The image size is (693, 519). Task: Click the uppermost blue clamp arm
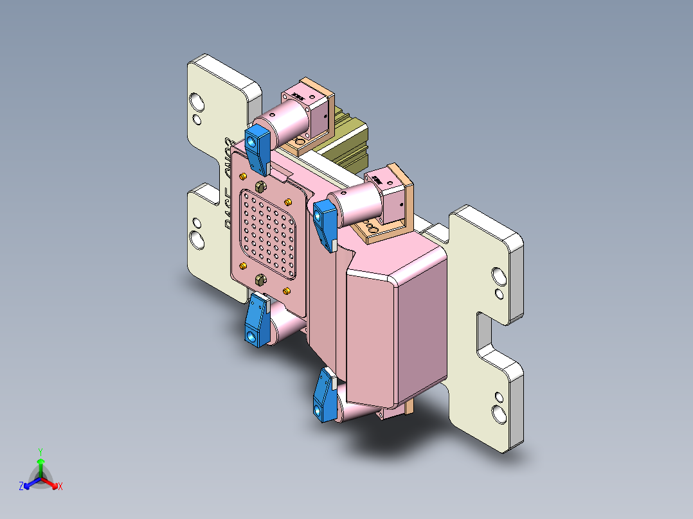pos(258,148)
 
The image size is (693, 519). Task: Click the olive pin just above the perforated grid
pos(261,186)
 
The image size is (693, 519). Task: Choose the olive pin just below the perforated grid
pos(261,279)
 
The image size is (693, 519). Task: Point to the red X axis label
pos(60,487)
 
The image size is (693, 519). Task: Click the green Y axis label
pos(40,451)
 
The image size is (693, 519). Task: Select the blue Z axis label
pos(21,487)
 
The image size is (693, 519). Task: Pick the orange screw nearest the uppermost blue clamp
pos(242,176)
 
